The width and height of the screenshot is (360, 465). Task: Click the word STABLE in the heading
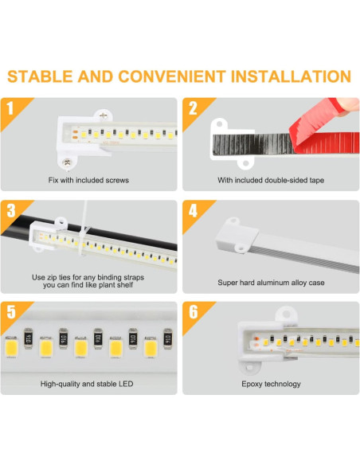coord(40,76)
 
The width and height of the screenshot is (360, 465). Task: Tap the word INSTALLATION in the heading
coord(291,76)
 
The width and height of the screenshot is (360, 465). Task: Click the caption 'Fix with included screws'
coord(88,180)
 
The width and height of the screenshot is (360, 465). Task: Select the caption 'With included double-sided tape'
coord(271,180)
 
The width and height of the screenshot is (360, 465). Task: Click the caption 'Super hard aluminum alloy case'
coord(271,283)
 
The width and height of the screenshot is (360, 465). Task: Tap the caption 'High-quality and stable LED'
coord(87,384)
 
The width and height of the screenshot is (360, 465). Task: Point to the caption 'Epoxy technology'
coord(271,384)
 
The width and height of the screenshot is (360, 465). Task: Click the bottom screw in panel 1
coord(67,162)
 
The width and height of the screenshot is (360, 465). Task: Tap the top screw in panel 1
coord(104,116)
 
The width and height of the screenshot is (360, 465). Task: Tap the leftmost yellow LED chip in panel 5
coord(12,348)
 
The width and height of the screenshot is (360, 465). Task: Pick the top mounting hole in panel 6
coord(286,314)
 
